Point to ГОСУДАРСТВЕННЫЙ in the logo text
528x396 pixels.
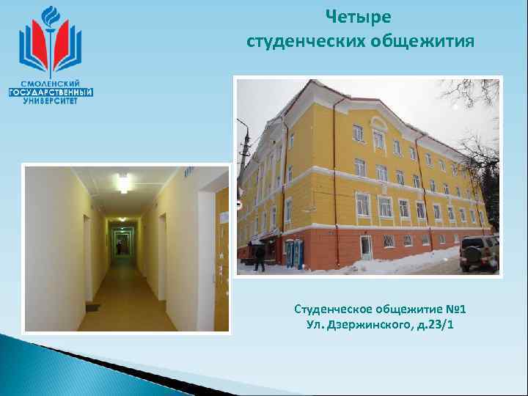[50, 92]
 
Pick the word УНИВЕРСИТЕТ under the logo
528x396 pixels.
[50, 101]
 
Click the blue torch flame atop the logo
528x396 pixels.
[50, 16]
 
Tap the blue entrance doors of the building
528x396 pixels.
[294, 253]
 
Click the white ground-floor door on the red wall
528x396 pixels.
[365, 247]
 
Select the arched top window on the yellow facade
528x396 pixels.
[378, 137]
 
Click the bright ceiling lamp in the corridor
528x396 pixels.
[123, 182]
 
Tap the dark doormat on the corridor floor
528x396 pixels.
[92, 307]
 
